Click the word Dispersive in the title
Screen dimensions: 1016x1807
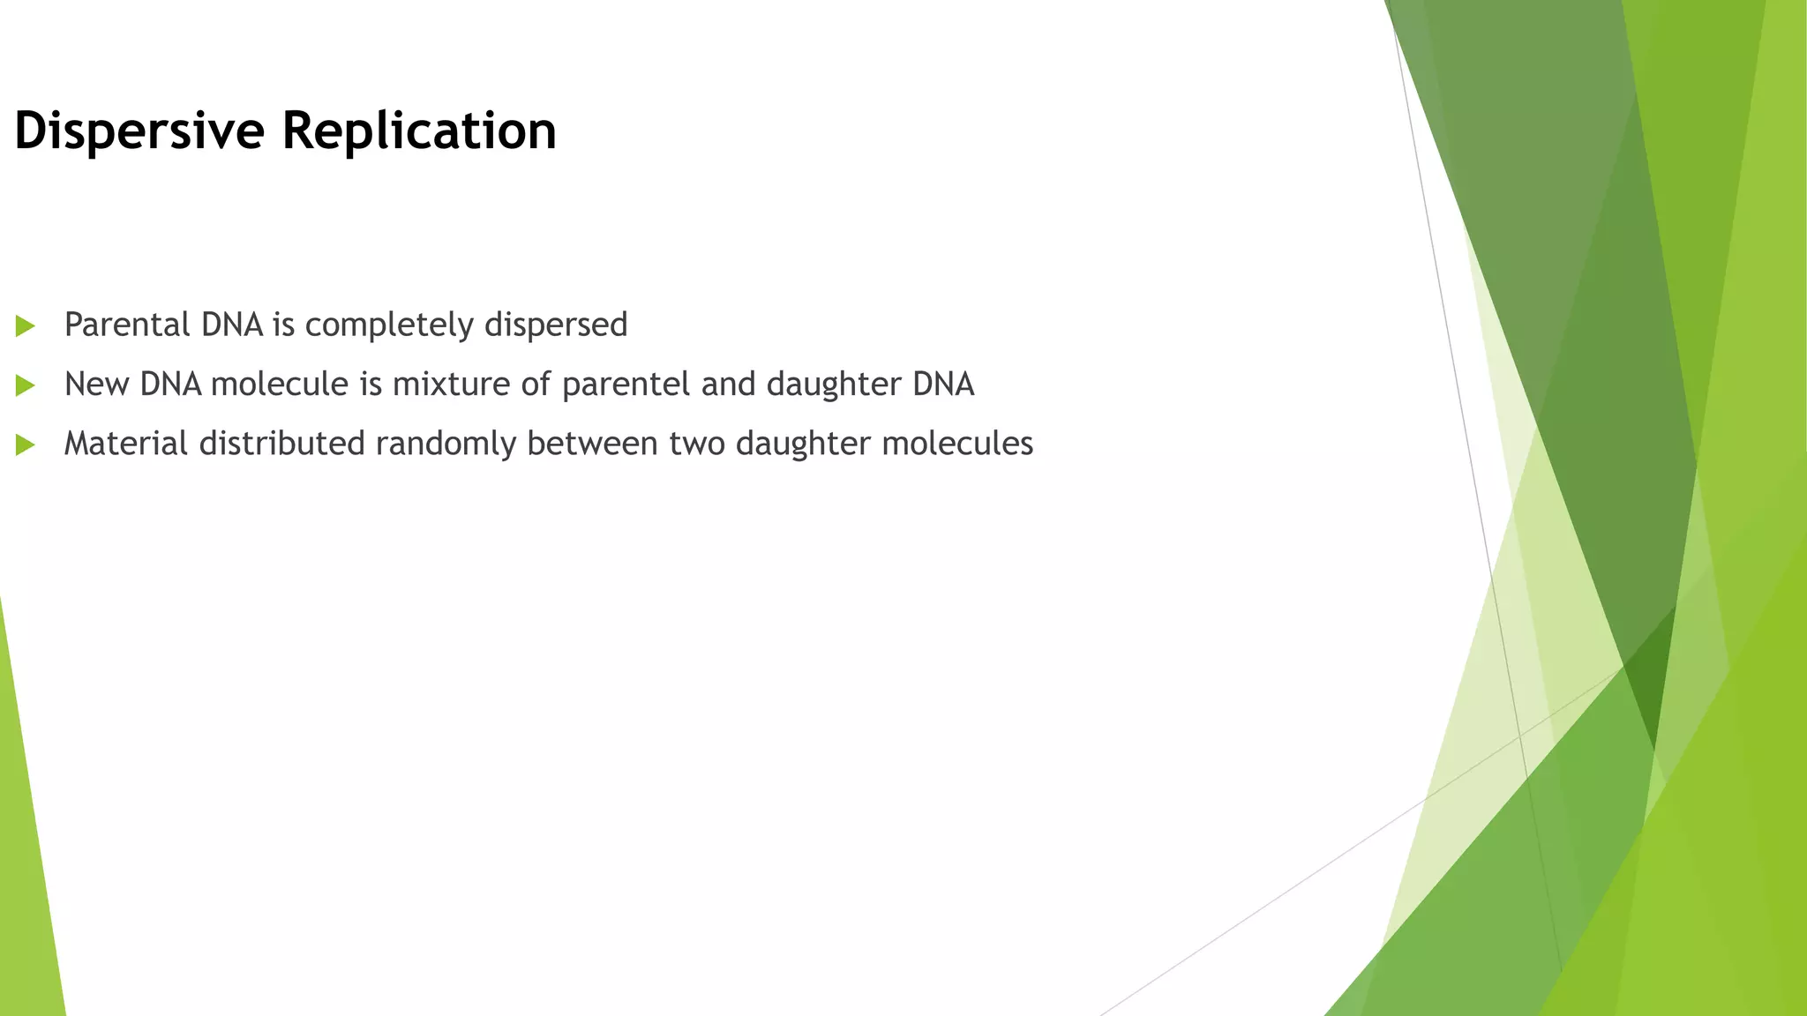click(139, 131)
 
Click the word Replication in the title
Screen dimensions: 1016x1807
click(419, 131)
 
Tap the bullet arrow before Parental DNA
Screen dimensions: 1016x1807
click(25, 326)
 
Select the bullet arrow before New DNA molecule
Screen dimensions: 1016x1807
click(25, 385)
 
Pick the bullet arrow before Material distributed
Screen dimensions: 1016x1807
click(25, 444)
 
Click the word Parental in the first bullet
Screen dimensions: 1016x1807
click(127, 325)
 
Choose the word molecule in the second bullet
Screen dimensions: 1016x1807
click(280, 385)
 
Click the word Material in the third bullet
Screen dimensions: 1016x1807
click(126, 443)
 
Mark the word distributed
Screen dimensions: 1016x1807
click(282, 443)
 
